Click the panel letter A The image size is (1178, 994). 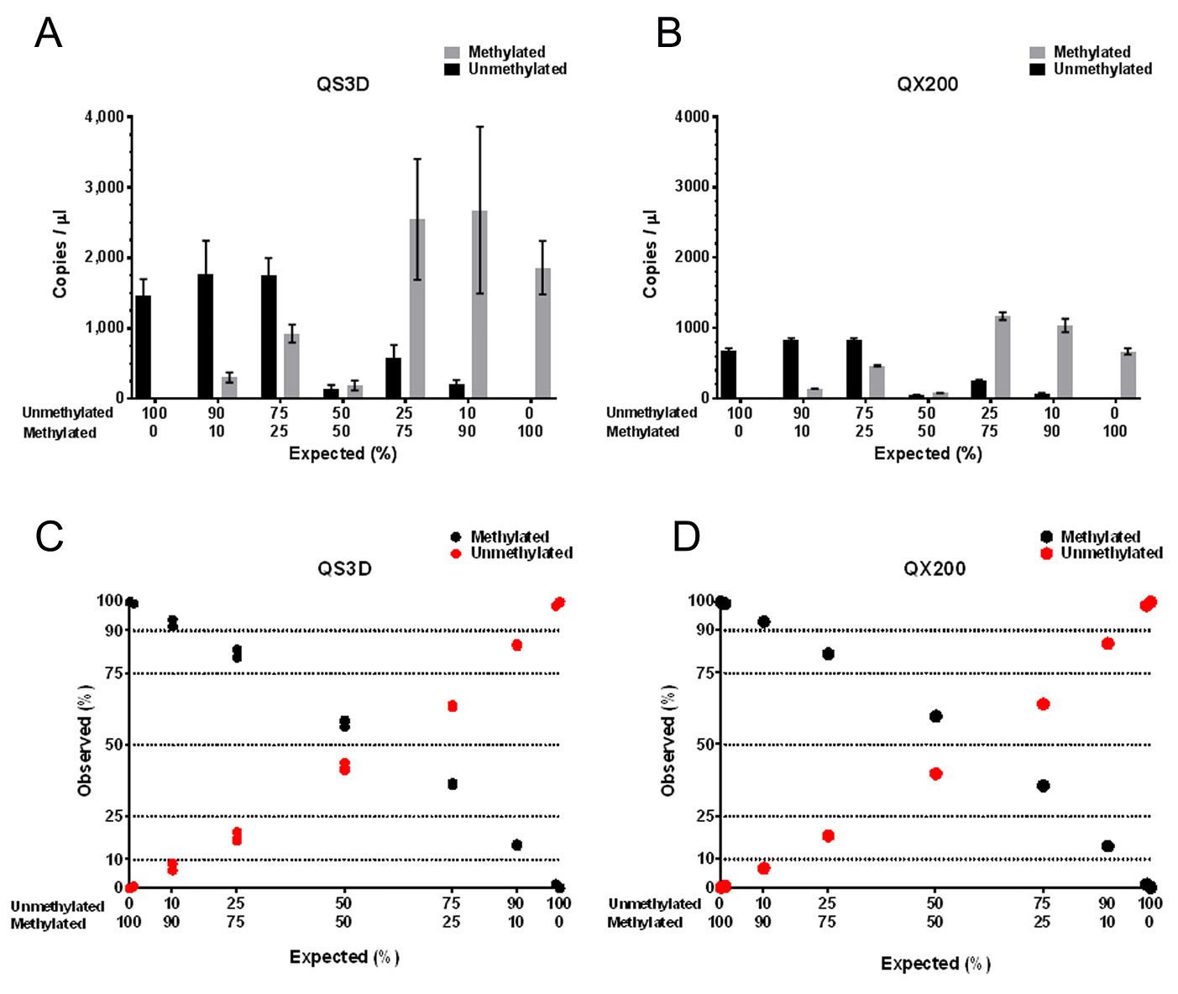[48, 34]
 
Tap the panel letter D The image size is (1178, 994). [686, 536]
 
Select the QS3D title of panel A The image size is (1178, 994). [343, 84]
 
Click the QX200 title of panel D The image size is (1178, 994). [935, 568]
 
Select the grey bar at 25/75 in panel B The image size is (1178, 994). [1003, 357]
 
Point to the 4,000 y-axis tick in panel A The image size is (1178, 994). [104, 117]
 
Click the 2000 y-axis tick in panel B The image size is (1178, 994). [692, 257]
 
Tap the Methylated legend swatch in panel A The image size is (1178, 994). [453, 52]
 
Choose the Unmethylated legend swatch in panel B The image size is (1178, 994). [1038, 69]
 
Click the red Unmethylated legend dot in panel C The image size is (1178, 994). [456, 553]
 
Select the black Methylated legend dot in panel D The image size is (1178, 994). [1046, 536]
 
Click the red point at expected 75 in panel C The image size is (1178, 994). [453, 706]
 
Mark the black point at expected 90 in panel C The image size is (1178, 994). [516, 845]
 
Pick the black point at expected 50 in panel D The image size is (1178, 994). [935, 716]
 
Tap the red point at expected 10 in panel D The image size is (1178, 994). [763, 868]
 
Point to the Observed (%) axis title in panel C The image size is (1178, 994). [85, 740]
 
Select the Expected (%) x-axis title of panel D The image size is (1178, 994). [935, 964]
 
